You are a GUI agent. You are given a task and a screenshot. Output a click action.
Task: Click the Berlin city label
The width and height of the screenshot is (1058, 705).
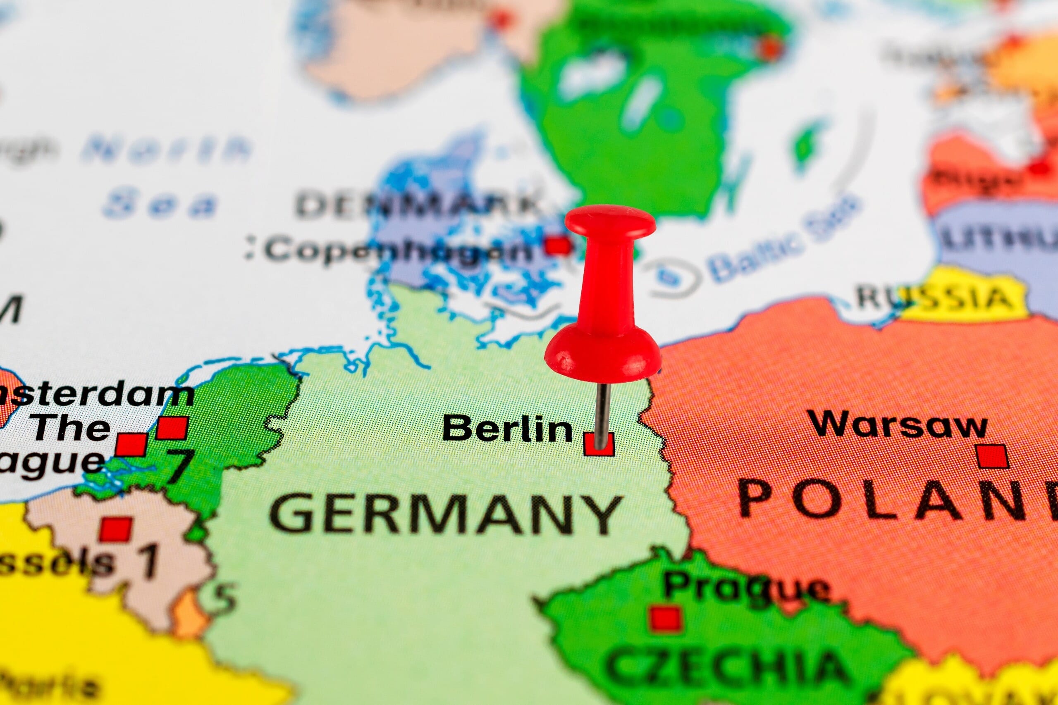[507, 428]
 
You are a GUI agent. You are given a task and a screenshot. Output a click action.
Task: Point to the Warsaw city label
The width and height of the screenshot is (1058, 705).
[898, 424]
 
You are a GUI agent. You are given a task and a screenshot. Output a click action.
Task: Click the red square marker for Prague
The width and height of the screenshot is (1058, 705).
[665, 618]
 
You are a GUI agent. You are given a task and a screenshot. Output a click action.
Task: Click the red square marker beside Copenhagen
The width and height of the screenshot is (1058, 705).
[558, 245]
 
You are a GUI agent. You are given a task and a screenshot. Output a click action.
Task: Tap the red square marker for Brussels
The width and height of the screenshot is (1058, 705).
[116, 529]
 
